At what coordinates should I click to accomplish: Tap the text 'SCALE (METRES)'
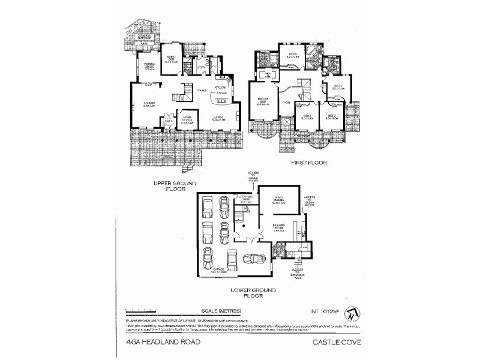221,310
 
